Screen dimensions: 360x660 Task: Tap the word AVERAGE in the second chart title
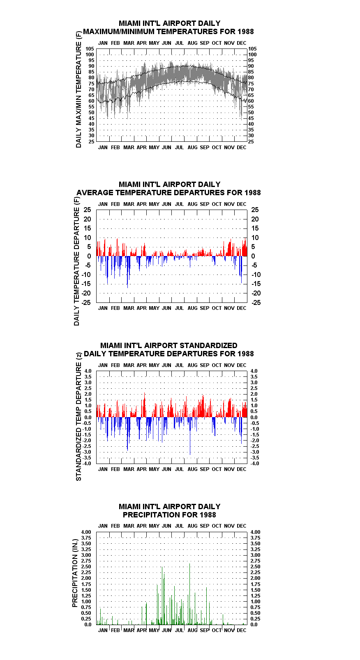95,193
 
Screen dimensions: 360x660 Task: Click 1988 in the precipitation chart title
208,515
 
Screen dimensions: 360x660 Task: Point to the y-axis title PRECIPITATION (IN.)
75,573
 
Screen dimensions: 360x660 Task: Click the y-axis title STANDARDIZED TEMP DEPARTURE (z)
78,417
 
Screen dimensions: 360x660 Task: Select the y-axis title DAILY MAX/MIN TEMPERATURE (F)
78,89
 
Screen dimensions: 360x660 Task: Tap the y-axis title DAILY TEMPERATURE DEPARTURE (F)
76,261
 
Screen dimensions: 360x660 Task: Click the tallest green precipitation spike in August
190,594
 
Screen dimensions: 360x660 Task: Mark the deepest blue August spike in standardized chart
190,436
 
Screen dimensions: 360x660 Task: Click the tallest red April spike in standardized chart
144,405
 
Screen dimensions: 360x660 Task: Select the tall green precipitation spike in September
207,606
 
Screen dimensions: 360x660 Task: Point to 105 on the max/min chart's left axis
90,49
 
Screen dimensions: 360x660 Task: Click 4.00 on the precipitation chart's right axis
256,532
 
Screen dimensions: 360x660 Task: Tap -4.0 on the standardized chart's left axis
87,464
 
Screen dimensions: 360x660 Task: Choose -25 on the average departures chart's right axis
256,302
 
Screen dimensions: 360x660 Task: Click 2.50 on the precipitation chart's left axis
86,567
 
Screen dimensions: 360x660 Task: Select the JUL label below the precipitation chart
180,630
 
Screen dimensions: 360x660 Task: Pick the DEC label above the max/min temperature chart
242,43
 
